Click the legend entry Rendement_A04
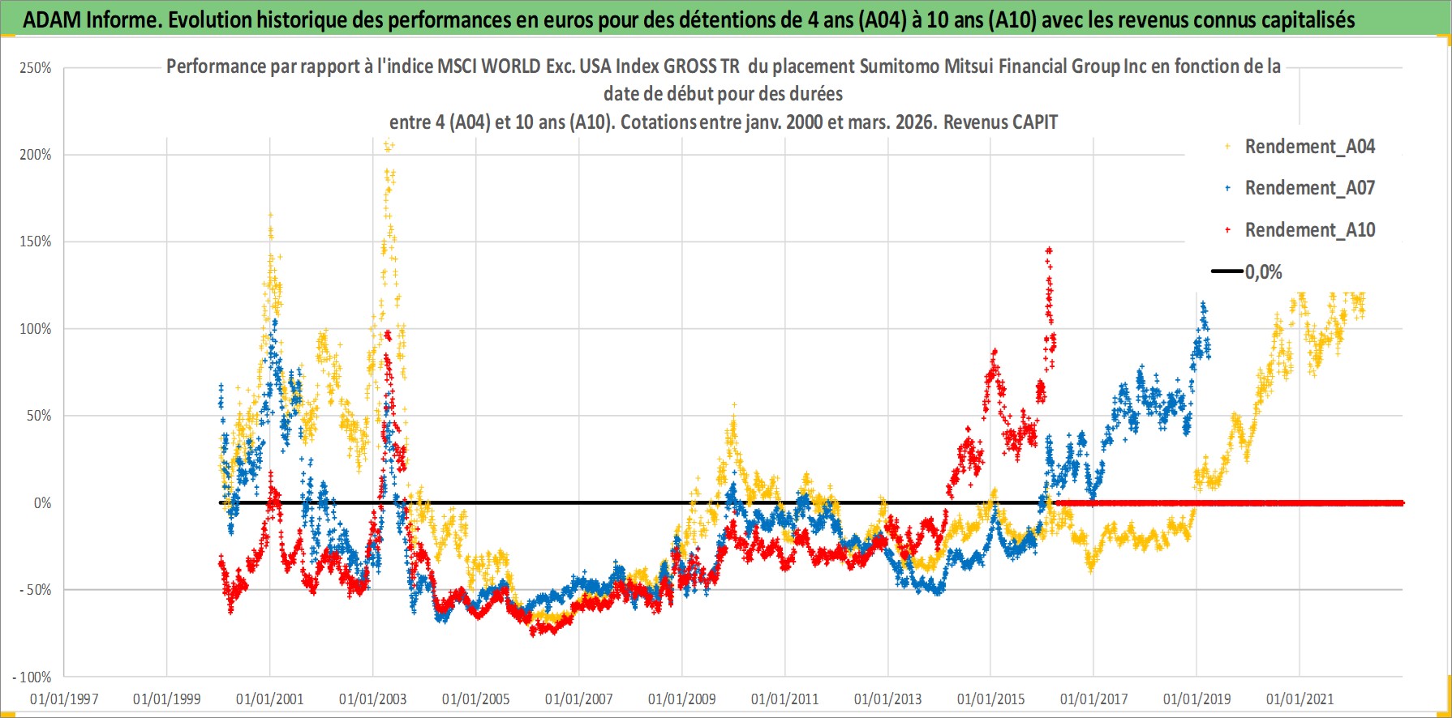coord(1309,147)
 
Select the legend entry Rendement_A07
coord(1309,188)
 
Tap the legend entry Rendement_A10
coord(1309,230)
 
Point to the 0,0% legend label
coord(1264,272)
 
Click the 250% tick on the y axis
coord(36,68)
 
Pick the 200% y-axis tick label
coord(36,155)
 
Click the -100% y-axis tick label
coord(32,677)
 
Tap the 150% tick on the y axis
coord(36,241)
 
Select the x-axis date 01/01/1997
coord(64,699)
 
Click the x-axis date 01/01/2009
coord(682,699)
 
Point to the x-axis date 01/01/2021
coord(1299,699)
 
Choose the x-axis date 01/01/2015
coord(991,699)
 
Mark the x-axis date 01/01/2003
coord(373,699)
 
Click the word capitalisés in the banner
coord(1306,19)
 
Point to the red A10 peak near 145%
coord(1049,250)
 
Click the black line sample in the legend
coord(1227,271)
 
